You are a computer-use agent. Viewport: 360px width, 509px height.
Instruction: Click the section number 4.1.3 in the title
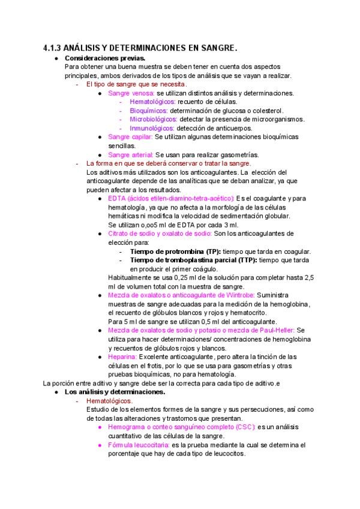(x=53, y=47)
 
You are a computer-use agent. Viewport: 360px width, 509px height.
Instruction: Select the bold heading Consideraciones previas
(x=104, y=58)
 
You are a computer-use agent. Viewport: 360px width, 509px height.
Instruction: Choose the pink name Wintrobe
(x=238, y=295)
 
